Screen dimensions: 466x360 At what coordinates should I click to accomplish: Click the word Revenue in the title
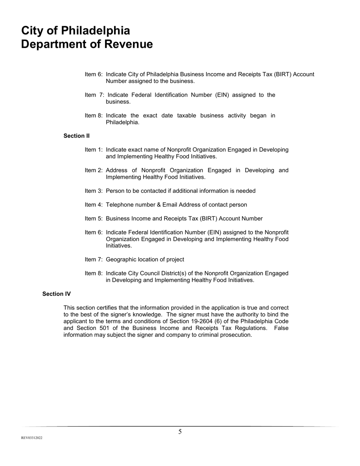tap(128, 44)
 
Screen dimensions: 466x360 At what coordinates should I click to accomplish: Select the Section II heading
tap(77, 136)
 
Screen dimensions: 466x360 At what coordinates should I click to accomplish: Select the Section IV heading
tap(56, 294)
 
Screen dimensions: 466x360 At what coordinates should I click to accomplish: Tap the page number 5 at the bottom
tap(180, 432)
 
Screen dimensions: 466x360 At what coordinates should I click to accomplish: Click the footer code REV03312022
tap(32, 438)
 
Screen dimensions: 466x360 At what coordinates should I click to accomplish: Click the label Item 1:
tap(94, 150)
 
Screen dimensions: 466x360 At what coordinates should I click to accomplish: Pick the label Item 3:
tap(94, 191)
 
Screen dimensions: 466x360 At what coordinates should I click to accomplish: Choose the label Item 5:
tap(94, 219)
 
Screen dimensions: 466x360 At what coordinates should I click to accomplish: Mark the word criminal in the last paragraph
tap(210, 335)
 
